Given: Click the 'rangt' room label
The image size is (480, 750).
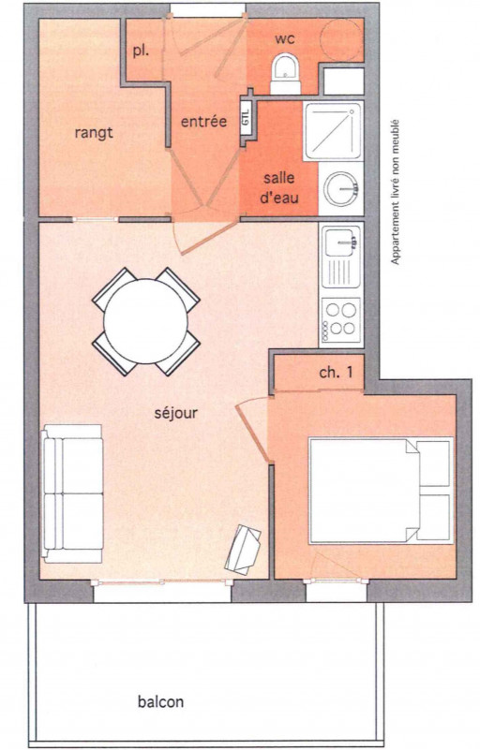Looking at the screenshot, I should (x=94, y=133).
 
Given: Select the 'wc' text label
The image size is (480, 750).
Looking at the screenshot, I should (x=285, y=39).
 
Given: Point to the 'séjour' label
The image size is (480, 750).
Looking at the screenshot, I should (x=175, y=411).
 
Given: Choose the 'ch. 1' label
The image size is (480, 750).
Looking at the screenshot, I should (x=337, y=373).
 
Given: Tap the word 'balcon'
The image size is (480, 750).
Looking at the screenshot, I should (x=160, y=701).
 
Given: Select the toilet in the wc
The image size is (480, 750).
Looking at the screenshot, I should (x=282, y=71).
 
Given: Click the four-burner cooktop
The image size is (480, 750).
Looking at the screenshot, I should (x=340, y=316).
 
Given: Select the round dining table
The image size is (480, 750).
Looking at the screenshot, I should (x=145, y=321).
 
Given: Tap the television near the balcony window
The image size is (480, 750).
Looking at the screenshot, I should (x=245, y=549).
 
